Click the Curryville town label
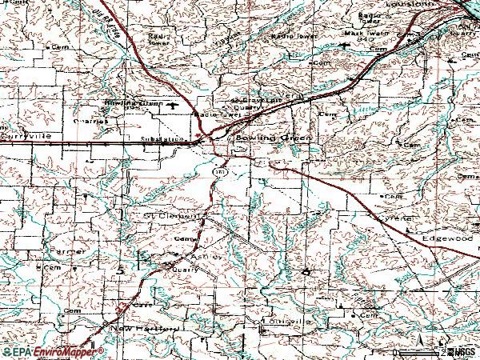click(26, 137)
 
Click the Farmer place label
click(66, 250)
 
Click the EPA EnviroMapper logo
click(53, 351)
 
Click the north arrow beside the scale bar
click(423, 346)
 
